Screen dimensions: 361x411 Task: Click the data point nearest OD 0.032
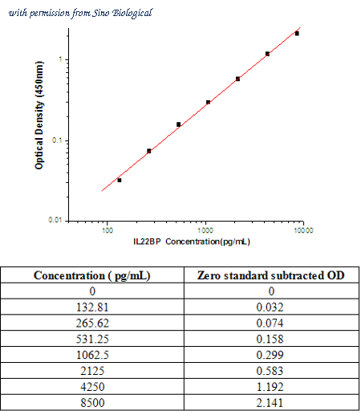point(120,181)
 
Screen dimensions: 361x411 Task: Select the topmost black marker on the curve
point(297,34)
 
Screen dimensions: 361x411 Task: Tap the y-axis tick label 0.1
point(57,140)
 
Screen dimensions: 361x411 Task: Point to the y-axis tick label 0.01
point(55,220)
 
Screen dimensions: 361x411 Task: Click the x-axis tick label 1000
point(205,230)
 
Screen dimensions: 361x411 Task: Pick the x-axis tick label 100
point(107,230)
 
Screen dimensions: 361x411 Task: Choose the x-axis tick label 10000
point(303,230)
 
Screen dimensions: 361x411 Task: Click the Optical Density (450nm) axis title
point(39,116)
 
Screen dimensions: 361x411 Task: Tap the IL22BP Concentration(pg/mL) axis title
point(192,242)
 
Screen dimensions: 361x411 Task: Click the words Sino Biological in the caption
point(122,13)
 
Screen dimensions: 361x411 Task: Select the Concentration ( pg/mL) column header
point(92,275)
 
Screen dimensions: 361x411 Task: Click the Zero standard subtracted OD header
point(271,275)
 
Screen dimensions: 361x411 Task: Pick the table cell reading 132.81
point(92,307)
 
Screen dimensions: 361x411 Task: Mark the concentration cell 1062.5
point(92,355)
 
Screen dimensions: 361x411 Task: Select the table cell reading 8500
point(92,403)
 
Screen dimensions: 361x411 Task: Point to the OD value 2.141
point(270,403)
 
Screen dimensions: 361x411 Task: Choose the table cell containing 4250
point(92,387)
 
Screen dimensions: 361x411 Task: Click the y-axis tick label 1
point(60,59)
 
